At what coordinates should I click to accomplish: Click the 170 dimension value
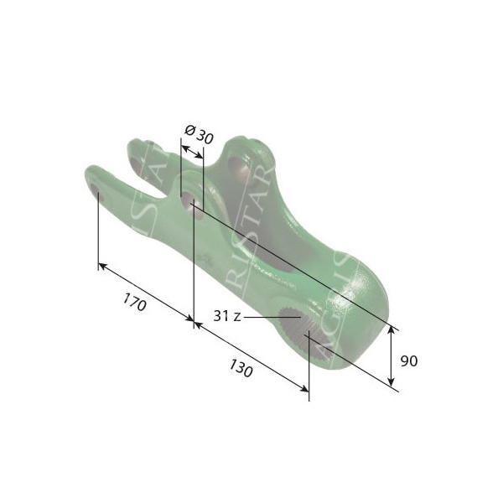pos(134,303)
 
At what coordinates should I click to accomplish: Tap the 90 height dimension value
pos(408,361)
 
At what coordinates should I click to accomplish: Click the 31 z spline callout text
pos(227,316)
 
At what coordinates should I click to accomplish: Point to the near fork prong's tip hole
pos(96,190)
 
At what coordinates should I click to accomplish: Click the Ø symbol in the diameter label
pos(189,130)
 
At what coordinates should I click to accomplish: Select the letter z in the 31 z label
pos(237,316)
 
